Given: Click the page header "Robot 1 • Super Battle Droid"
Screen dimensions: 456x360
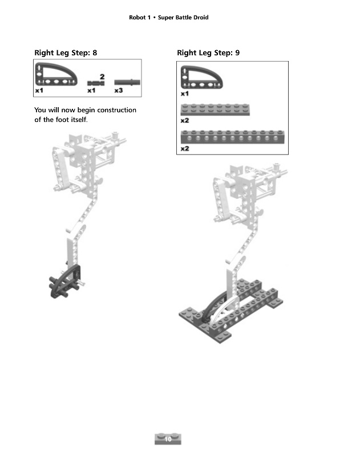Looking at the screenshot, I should tap(169, 18).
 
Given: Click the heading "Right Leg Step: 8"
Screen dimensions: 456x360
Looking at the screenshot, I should tap(66, 53).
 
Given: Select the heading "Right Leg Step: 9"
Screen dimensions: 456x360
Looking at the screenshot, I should tap(208, 53).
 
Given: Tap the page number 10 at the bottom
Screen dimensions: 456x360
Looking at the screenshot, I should tap(168, 439).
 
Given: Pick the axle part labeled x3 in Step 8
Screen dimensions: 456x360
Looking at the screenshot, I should tap(127, 82).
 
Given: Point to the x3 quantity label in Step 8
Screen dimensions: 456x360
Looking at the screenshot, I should tap(119, 91).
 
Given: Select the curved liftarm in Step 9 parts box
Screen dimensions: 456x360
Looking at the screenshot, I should tap(200, 77).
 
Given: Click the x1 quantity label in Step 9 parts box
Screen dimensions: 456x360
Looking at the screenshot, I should tap(185, 93).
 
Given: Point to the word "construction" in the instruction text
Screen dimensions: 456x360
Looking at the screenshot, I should tap(115, 110).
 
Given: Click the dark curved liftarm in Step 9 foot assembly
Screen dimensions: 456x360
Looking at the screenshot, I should tap(212, 308).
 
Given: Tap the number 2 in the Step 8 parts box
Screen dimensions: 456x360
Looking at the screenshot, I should tap(102, 76).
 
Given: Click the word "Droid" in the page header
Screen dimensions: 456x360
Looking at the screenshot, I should tap(199, 18).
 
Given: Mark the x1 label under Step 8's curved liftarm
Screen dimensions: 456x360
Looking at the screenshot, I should tap(39, 91).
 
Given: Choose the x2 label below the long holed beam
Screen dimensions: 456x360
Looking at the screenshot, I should tap(185, 149).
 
